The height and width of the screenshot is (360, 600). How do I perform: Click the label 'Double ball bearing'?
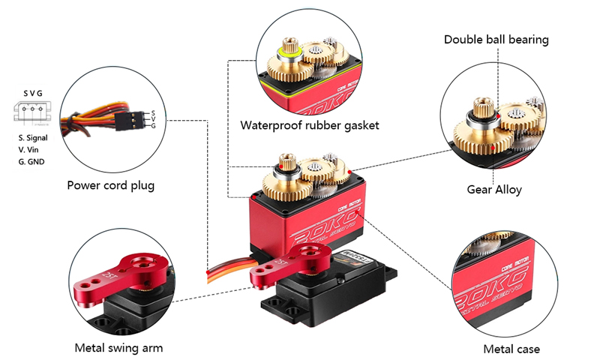click(496, 39)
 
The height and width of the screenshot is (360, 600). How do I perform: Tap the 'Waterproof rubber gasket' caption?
click(310, 124)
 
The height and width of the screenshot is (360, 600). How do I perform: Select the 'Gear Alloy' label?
click(493, 190)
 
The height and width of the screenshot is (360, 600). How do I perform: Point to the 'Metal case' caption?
click(511, 349)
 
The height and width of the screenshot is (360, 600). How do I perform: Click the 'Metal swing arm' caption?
click(118, 348)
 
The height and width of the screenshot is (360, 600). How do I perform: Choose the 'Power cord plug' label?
click(110, 185)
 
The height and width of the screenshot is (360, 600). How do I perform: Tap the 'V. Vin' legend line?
click(30, 149)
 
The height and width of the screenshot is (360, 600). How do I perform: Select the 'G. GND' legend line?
click(32, 161)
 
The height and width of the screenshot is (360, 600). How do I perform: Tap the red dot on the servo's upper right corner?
click(350, 172)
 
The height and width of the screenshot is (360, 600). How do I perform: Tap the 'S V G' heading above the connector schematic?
click(33, 93)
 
